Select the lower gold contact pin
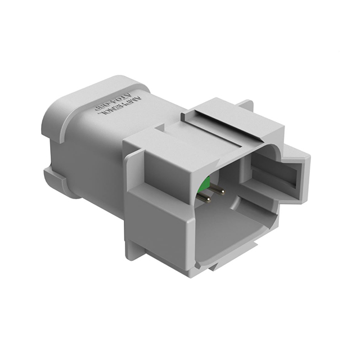tap(206, 198)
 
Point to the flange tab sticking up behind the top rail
tap(245, 106)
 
